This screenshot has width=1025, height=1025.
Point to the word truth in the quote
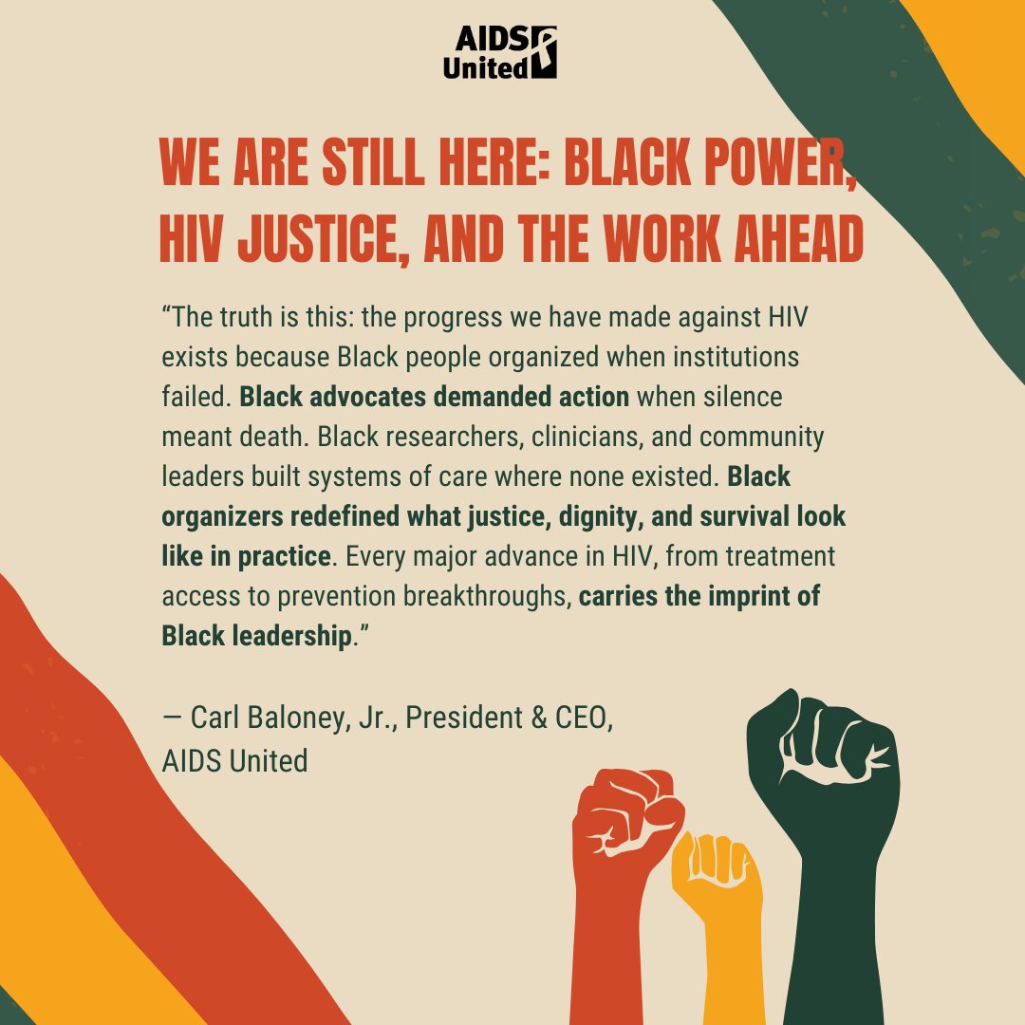[x=251, y=317]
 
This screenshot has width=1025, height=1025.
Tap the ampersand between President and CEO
[x=537, y=718]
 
